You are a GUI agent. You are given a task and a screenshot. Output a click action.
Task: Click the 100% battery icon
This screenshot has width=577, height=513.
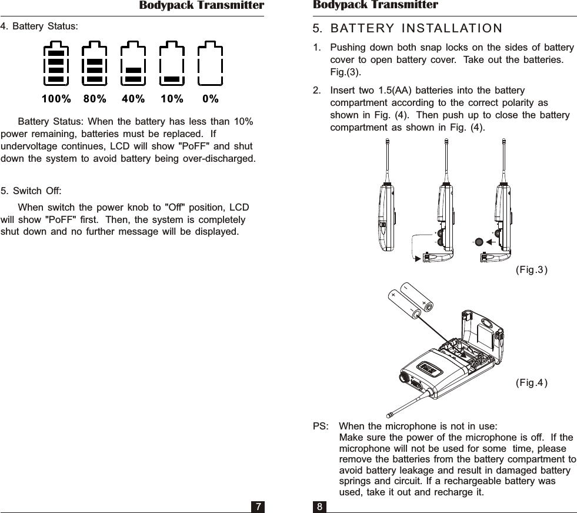[56, 64]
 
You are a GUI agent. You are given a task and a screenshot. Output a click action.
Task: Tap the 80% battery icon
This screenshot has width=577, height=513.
[95, 64]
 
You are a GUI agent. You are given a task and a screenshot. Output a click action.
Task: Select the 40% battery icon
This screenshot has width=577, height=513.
[133, 64]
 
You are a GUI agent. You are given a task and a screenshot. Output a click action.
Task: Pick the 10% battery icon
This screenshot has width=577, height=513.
[172, 64]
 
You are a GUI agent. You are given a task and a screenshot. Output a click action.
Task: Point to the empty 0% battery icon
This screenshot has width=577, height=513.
[211, 64]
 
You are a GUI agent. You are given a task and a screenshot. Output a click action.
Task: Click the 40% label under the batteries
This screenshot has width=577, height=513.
[134, 99]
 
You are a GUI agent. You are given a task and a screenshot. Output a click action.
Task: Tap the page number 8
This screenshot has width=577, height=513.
[319, 507]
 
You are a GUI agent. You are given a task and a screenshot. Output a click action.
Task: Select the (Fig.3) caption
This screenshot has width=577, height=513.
[531, 270]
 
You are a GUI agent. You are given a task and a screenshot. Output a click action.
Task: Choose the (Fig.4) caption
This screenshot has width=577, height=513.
[531, 384]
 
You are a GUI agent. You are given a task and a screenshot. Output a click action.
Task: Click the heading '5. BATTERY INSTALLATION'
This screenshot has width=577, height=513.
[408, 29]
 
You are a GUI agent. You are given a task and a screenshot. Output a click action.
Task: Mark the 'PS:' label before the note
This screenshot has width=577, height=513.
[321, 426]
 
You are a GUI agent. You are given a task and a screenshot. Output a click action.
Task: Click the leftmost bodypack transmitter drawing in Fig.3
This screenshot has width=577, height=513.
[386, 218]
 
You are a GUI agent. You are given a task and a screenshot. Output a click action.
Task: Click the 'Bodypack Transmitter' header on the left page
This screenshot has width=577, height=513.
[201, 6]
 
